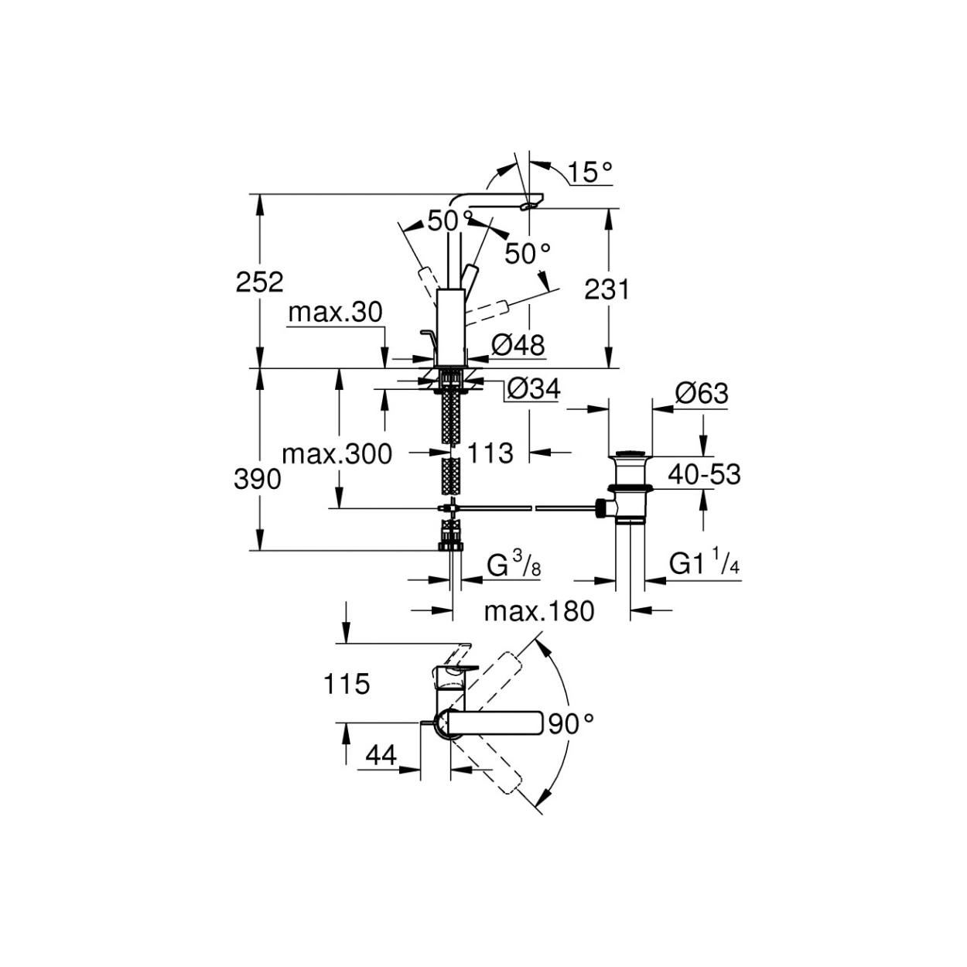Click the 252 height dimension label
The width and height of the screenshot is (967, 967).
pos(259,282)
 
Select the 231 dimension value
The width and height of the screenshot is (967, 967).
pos(607,289)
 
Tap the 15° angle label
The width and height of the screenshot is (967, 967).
pos(590,172)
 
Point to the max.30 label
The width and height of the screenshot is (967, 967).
pos(335,313)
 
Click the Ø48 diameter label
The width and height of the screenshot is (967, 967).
pos(518,345)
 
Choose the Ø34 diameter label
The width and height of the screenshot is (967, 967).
pos(533,389)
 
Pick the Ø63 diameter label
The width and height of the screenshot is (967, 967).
pos(701,394)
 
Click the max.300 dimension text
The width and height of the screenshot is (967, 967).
pos(337,455)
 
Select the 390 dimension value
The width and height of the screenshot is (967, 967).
pos(258,480)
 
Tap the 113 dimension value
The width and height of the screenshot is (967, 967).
pos(490,453)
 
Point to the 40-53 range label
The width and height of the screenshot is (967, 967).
pos(704,474)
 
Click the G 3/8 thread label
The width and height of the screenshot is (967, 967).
pos(514,566)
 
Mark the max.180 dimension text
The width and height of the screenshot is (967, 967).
pos(539,612)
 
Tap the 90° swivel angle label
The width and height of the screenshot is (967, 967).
pos(571,724)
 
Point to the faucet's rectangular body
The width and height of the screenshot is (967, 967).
pos(451,328)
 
